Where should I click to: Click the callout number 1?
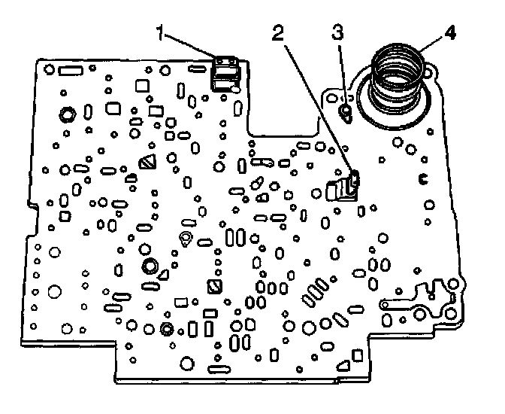tap(161, 32)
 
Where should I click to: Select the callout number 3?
tap(339, 32)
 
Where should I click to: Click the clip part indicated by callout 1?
tap(225, 72)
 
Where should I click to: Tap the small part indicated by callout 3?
tap(346, 113)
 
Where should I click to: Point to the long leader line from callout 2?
tap(316, 105)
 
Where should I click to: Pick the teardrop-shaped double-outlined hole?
tap(185, 240)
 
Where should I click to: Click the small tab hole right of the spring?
tap(430, 72)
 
